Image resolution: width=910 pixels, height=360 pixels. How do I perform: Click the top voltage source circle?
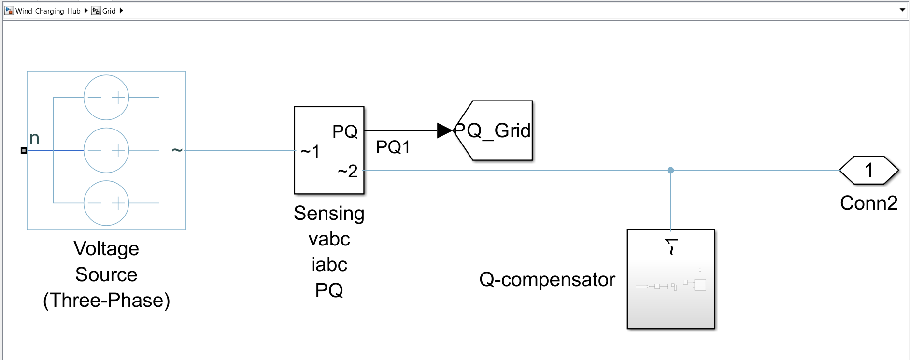[x=106, y=97]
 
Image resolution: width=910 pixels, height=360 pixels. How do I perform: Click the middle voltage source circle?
[x=106, y=150]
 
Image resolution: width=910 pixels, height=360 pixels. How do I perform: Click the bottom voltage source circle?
[x=106, y=203]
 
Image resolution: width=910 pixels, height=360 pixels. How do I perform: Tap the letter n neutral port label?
[x=34, y=139]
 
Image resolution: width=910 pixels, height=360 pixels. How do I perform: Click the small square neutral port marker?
[x=24, y=150]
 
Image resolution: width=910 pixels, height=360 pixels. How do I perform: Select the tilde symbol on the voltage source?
[x=177, y=150]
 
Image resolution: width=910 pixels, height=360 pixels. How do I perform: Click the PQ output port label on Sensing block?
[x=345, y=131]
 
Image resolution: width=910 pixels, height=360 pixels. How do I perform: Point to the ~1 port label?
[x=310, y=152]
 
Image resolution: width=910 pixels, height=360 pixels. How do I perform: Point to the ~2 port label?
[x=347, y=171]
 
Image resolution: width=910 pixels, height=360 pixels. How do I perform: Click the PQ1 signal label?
[x=393, y=147]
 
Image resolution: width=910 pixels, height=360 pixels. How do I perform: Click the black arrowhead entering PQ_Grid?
[x=444, y=130]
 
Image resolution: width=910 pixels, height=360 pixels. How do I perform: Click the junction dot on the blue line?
[x=670, y=170]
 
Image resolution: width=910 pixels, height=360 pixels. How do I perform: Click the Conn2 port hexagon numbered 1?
[x=868, y=170]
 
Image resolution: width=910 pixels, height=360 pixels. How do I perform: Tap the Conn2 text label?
[x=868, y=203]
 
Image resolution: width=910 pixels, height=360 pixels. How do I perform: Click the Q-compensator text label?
[x=547, y=279]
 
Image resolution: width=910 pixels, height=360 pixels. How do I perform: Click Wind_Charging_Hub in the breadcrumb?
[x=47, y=11]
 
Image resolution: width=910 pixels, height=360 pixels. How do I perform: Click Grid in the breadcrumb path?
[x=109, y=11]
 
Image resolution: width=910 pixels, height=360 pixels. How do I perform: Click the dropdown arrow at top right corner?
[x=902, y=10]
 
